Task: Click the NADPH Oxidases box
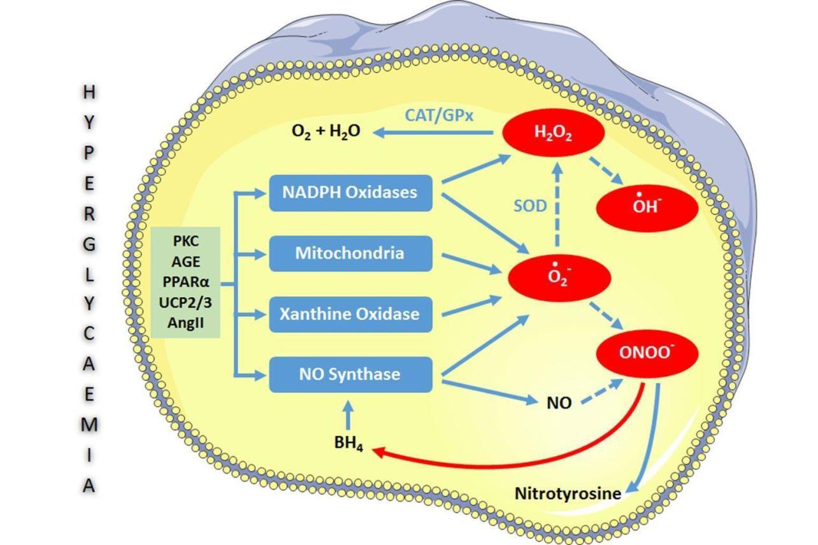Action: (350, 192)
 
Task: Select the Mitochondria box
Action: (350, 253)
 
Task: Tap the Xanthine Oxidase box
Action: (350, 314)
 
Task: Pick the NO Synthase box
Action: (350, 374)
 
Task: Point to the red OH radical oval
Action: (647, 206)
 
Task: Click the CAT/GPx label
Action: (440, 115)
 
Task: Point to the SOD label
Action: (530, 206)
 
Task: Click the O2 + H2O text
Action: (326, 131)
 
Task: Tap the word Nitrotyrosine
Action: (568, 493)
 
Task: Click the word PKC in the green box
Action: (185, 241)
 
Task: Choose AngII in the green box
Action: (185, 322)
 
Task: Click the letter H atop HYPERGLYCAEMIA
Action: (89, 92)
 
